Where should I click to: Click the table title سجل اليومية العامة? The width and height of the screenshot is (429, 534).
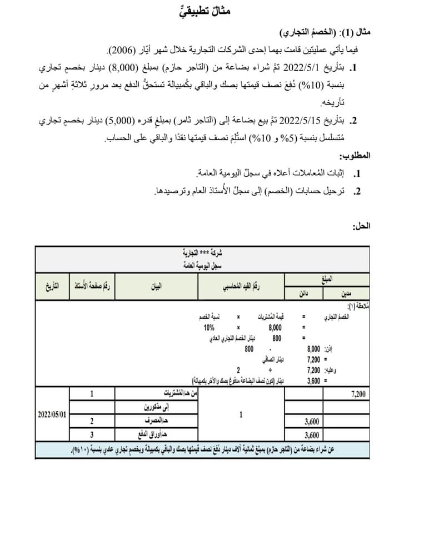(x=201, y=266)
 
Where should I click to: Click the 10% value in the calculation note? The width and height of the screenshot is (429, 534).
(x=209, y=328)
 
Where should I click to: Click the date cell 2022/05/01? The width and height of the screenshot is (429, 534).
(x=52, y=414)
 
